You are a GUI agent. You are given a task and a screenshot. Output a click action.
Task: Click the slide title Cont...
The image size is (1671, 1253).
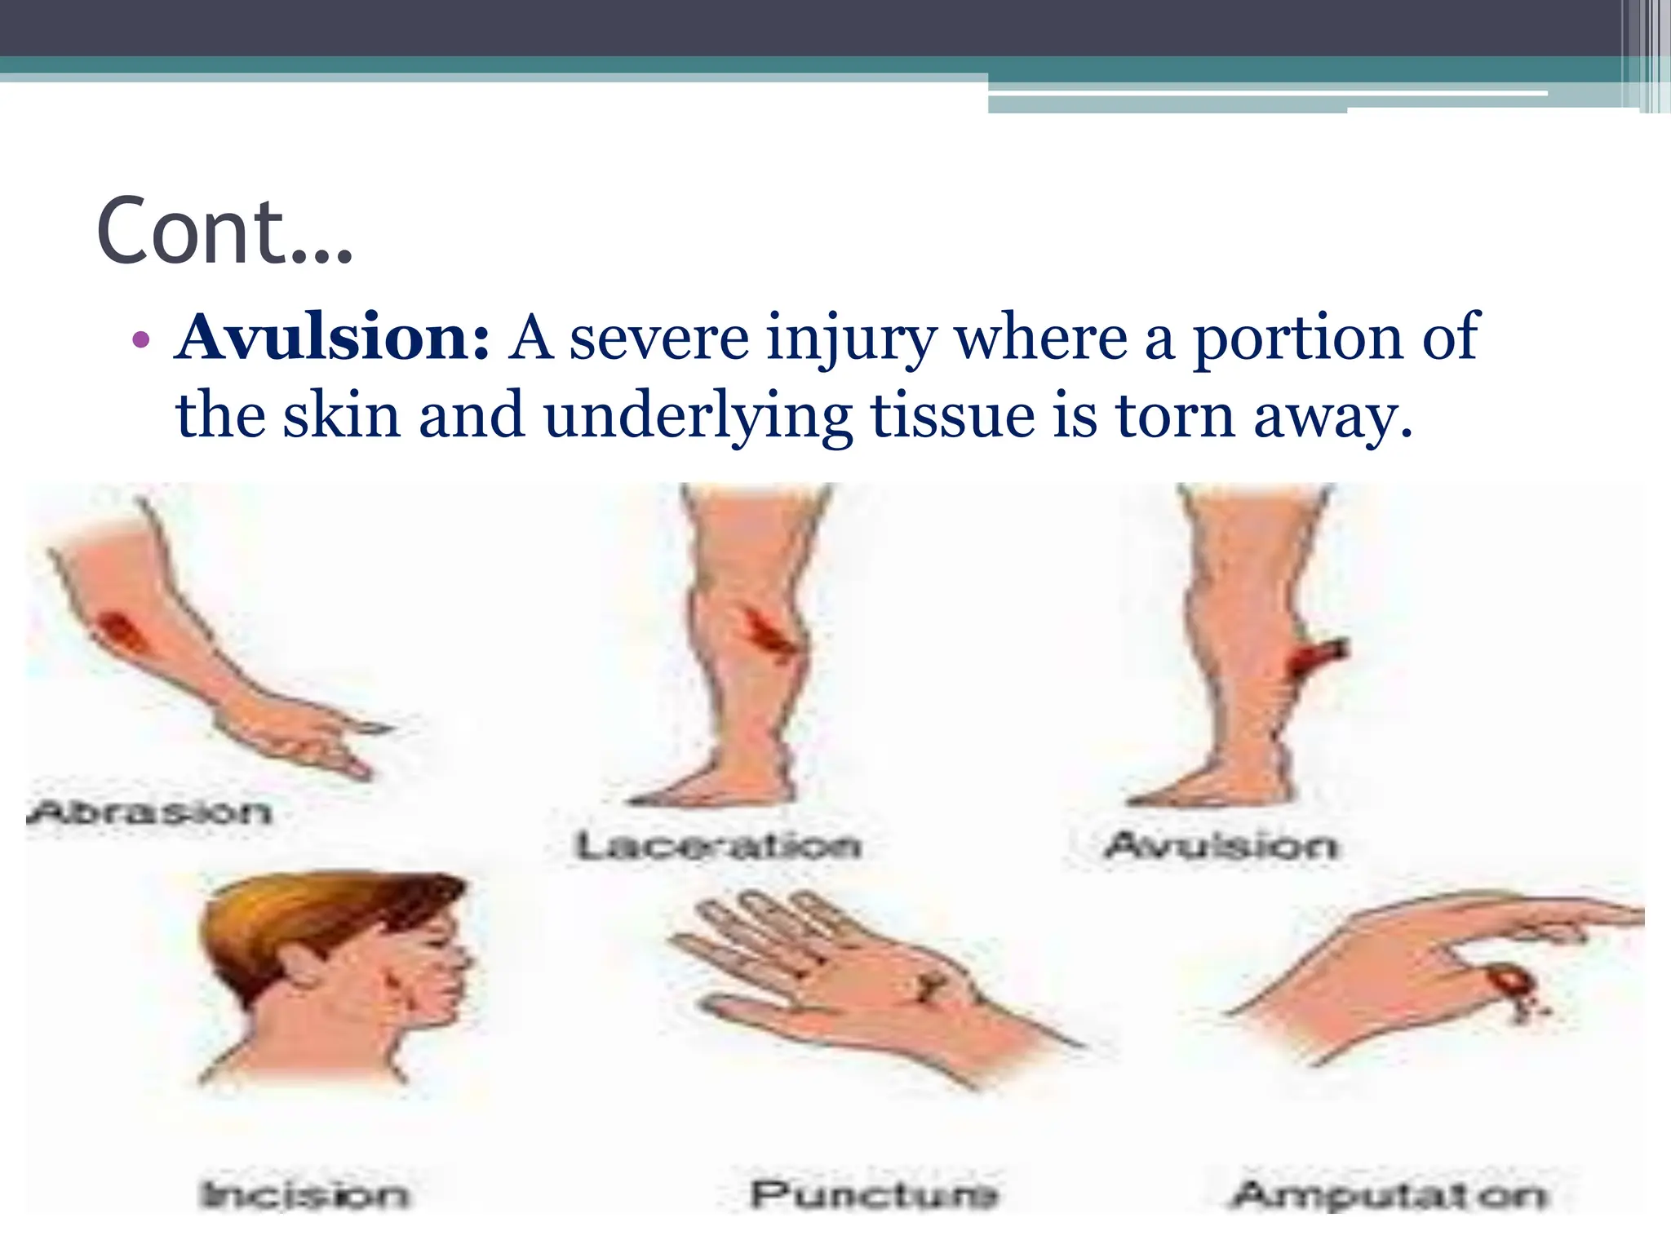(224, 232)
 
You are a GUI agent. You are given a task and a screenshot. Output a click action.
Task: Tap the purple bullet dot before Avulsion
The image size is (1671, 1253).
(140, 341)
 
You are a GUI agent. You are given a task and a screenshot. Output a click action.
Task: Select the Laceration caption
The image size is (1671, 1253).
(718, 845)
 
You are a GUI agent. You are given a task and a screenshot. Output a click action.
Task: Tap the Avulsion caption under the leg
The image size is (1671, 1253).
(1221, 845)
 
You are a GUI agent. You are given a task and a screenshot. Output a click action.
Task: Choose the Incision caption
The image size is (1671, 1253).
(304, 1195)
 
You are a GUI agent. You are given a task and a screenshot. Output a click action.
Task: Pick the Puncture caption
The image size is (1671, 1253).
(873, 1195)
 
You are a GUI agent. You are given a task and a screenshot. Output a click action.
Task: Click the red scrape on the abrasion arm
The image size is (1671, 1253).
(120, 632)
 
